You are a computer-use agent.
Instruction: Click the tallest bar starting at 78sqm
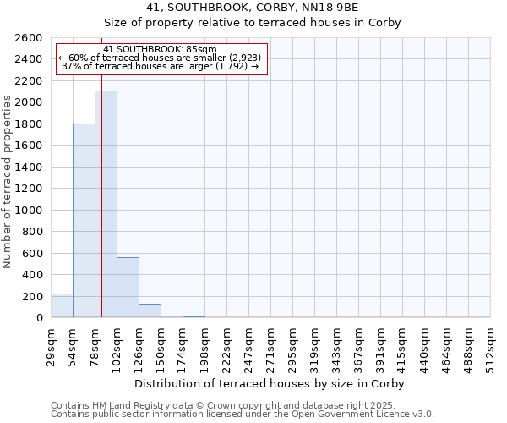click(x=106, y=204)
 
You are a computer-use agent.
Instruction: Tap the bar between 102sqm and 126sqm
click(x=128, y=287)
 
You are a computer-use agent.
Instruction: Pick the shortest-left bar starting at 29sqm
click(x=62, y=305)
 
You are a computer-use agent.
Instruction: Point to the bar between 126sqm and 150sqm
click(x=150, y=310)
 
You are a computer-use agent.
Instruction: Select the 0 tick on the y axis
click(x=39, y=318)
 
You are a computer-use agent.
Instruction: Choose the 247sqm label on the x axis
click(x=249, y=343)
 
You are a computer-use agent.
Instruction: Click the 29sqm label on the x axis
click(x=52, y=343)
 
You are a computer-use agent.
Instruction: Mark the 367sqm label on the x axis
click(x=359, y=343)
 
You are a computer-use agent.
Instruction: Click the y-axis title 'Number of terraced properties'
click(x=8, y=182)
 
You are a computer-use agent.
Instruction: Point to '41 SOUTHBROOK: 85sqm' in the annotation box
click(x=161, y=49)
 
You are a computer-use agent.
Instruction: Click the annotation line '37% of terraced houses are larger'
click(x=161, y=66)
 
